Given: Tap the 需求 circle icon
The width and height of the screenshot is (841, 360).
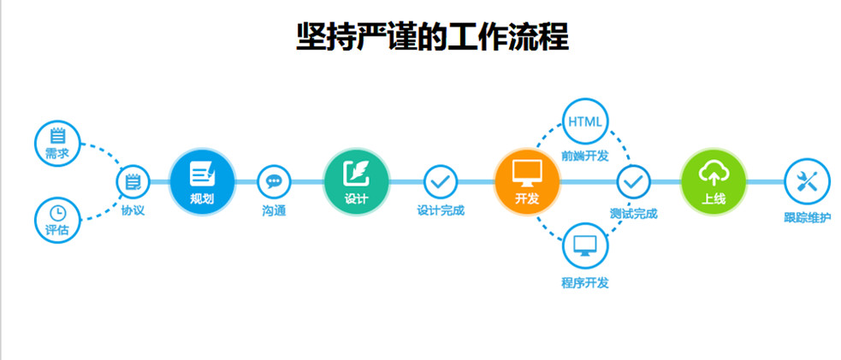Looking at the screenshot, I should [57, 141].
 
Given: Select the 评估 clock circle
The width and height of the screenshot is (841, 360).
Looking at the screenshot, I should [57, 218].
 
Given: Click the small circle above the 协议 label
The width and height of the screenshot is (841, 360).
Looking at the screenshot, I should [133, 181].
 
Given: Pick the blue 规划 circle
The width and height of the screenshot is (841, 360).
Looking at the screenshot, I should [202, 182].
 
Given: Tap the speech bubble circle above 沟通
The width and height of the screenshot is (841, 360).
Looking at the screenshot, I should [274, 181].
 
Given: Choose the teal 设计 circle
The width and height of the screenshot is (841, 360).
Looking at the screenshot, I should [356, 182].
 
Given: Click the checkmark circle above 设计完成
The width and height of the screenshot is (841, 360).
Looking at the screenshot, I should [441, 181].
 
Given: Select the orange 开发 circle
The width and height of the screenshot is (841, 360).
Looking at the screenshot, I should [527, 182].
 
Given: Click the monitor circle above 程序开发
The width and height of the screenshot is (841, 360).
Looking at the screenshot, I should [585, 245].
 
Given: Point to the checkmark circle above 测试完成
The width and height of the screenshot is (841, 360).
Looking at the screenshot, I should [634, 181].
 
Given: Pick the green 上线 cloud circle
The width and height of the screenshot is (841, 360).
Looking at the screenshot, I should [714, 182].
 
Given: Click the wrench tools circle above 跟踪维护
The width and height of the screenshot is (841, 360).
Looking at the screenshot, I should [807, 181].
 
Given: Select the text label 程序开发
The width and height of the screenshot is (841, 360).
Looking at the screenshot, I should [585, 282].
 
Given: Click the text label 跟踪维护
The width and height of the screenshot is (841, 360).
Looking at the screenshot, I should [807, 217].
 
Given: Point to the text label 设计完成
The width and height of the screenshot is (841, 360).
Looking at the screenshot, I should [441, 210].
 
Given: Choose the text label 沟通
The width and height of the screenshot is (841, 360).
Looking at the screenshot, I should [274, 210].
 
